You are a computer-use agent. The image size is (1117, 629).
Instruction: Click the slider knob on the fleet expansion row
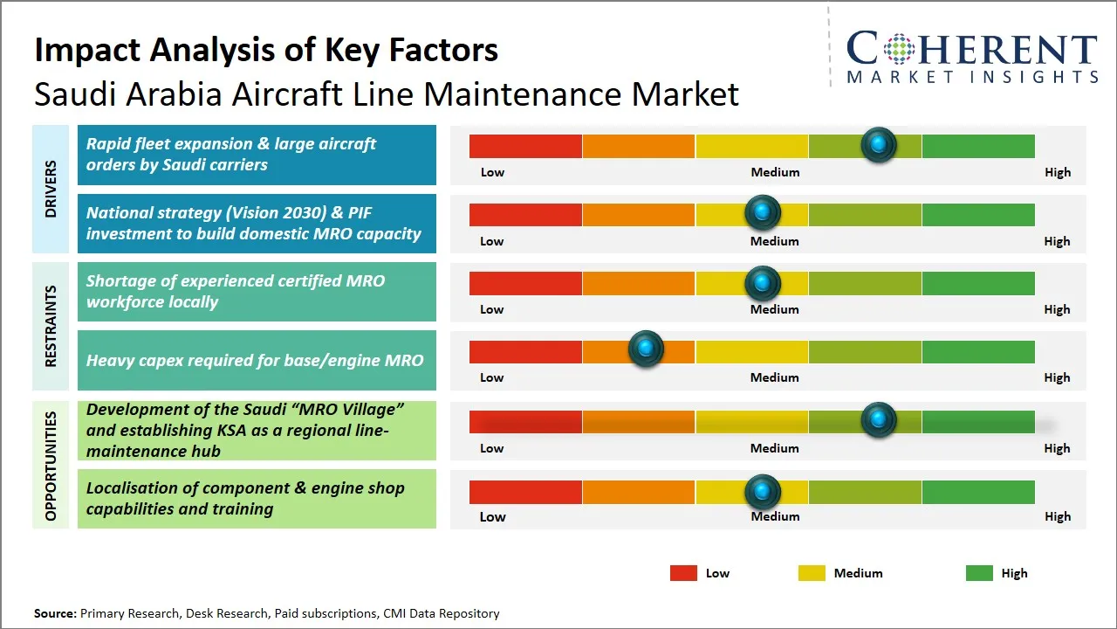pyautogui.click(x=879, y=144)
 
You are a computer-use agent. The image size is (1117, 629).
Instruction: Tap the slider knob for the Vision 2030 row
pyautogui.click(x=763, y=212)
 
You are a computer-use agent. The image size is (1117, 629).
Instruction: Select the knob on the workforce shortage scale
pyautogui.click(x=763, y=282)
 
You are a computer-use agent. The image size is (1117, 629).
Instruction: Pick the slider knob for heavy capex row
pyautogui.click(x=647, y=349)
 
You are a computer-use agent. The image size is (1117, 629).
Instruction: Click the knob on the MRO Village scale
pyautogui.click(x=879, y=420)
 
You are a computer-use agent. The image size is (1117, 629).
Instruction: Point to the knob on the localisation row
pyautogui.click(x=763, y=492)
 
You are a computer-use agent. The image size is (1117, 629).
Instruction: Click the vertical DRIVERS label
pyautogui.click(x=51, y=188)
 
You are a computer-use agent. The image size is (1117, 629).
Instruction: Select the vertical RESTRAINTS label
pyautogui.click(x=51, y=326)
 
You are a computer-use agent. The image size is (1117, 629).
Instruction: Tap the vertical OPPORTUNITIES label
pyautogui.click(x=51, y=466)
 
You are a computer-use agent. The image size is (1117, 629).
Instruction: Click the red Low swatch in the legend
pyautogui.click(x=683, y=573)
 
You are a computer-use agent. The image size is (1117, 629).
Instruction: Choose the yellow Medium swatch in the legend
pyautogui.click(x=812, y=573)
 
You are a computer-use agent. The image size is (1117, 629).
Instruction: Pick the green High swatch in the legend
pyautogui.click(x=979, y=573)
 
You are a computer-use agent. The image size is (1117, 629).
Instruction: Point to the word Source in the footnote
pyautogui.click(x=55, y=613)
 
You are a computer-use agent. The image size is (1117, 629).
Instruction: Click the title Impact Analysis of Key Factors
pyautogui.click(x=266, y=50)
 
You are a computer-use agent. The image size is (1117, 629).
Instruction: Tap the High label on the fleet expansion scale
pyautogui.click(x=1058, y=172)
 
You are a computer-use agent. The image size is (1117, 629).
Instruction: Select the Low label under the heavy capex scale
pyautogui.click(x=492, y=377)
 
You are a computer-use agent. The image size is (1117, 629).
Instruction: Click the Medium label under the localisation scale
pyautogui.click(x=775, y=516)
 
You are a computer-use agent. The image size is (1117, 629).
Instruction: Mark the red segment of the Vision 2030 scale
pyautogui.click(x=525, y=214)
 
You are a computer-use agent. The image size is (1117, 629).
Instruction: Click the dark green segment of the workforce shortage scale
pyautogui.click(x=978, y=283)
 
